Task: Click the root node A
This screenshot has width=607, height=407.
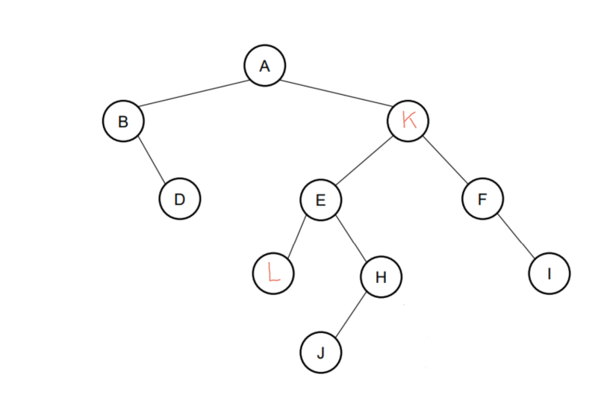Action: coord(264,66)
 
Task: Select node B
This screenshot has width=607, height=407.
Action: coord(123,122)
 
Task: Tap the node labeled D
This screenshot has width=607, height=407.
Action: coord(179,199)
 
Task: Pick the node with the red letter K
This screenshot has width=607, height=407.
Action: coord(408,120)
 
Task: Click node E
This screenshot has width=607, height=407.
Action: coord(320,199)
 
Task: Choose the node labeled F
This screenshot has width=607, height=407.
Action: coord(482,199)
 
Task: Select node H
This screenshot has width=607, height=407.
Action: coord(381,277)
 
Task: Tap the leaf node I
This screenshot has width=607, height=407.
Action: coord(550,273)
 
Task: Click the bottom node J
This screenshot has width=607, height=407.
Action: coord(321,352)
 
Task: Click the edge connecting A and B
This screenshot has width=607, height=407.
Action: coord(193,93)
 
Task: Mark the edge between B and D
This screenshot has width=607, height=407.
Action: coord(152,161)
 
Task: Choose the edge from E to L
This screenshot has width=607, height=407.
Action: coord(296,236)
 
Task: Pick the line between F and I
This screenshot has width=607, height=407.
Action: coord(516,237)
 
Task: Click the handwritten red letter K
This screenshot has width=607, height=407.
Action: coord(408,119)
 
